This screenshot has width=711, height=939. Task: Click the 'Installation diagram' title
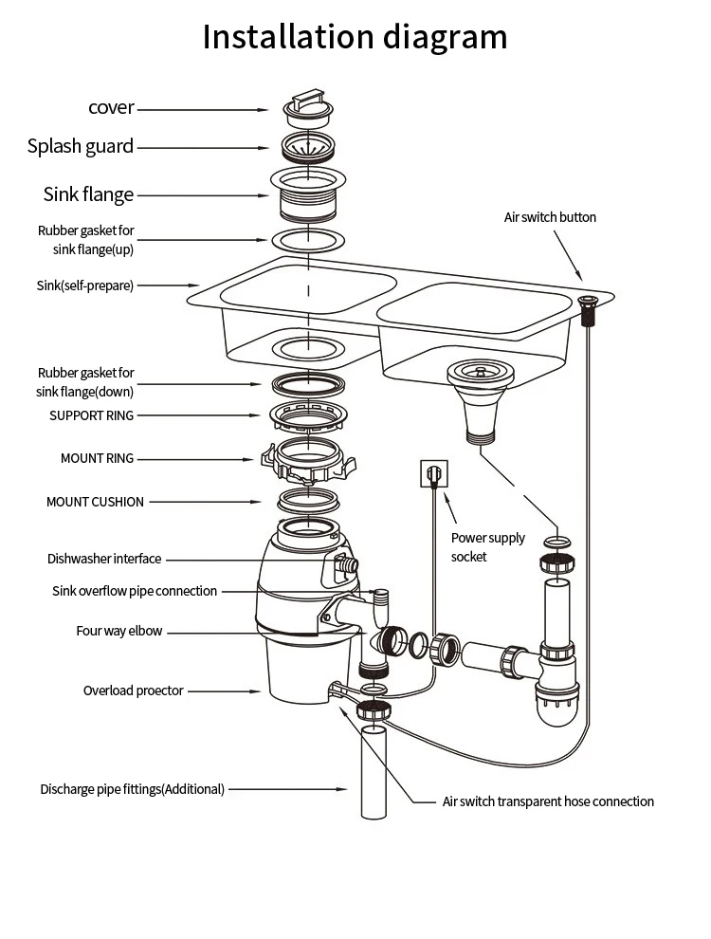[355, 37]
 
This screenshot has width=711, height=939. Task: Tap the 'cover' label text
[112, 107]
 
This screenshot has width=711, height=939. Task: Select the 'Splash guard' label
[81, 146]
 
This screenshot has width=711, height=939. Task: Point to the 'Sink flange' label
[89, 194]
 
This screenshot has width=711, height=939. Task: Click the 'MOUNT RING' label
[98, 458]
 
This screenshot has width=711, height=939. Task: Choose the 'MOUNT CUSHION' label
[95, 502]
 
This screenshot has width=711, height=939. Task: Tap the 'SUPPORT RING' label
[92, 415]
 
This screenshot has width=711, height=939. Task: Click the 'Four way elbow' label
[119, 631]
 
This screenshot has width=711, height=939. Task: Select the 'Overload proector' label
[134, 690]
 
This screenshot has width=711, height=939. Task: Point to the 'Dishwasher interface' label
[104, 559]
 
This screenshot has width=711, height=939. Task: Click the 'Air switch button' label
[550, 217]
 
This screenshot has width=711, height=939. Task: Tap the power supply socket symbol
[433, 472]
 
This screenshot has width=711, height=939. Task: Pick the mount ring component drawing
[309, 460]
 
